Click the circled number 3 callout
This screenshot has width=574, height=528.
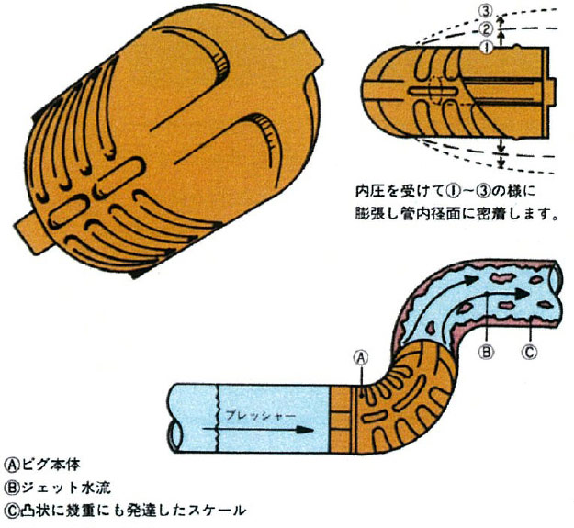pos(486,13)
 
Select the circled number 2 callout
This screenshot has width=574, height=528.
pos(486,28)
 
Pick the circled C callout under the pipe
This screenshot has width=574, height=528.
pos(529,351)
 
